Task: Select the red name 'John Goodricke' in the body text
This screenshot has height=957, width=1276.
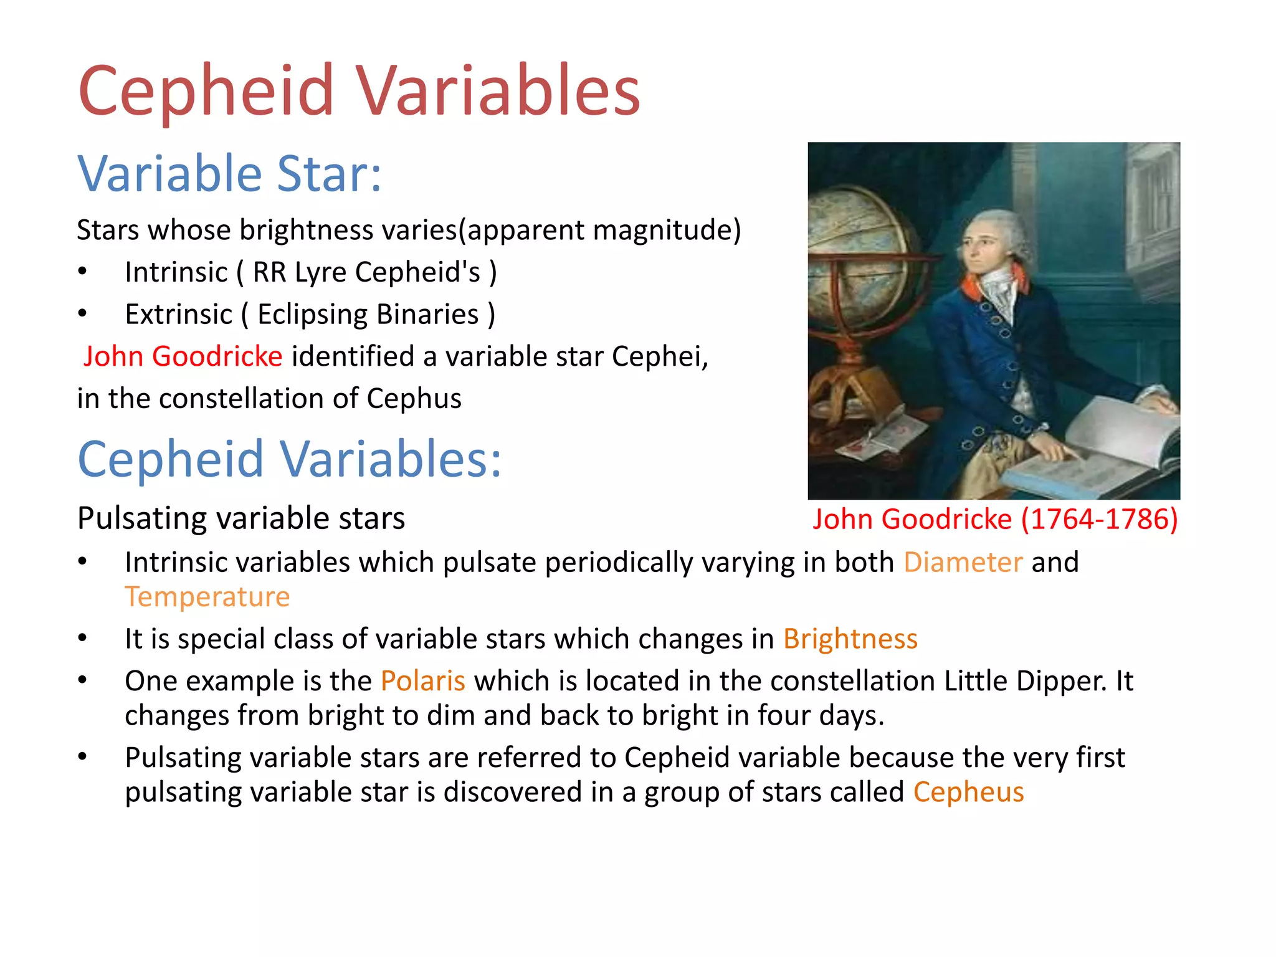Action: (x=183, y=356)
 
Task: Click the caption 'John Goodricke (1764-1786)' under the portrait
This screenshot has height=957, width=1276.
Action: (x=995, y=519)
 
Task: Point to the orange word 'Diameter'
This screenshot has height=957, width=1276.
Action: (x=963, y=562)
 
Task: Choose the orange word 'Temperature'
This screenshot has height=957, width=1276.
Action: (x=207, y=597)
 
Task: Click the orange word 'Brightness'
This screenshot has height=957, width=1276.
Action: (x=850, y=639)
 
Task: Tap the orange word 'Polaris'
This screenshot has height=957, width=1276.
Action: (x=422, y=680)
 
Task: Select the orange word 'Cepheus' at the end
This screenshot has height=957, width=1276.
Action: (x=968, y=792)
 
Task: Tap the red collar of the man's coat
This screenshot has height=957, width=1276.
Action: (x=978, y=283)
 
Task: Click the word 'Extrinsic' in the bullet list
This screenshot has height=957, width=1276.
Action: (x=178, y=314)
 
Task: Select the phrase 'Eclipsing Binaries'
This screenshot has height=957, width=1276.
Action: (x=368, y=314)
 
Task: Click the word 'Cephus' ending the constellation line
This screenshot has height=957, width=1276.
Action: (x=414, y=399)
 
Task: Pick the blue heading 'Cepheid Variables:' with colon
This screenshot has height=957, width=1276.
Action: (x=289, y=459)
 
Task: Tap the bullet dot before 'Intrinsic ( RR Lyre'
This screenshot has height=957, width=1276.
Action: (x=82, y=272)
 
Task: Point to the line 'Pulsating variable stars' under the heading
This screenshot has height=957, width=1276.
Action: (x=241, y=518)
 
